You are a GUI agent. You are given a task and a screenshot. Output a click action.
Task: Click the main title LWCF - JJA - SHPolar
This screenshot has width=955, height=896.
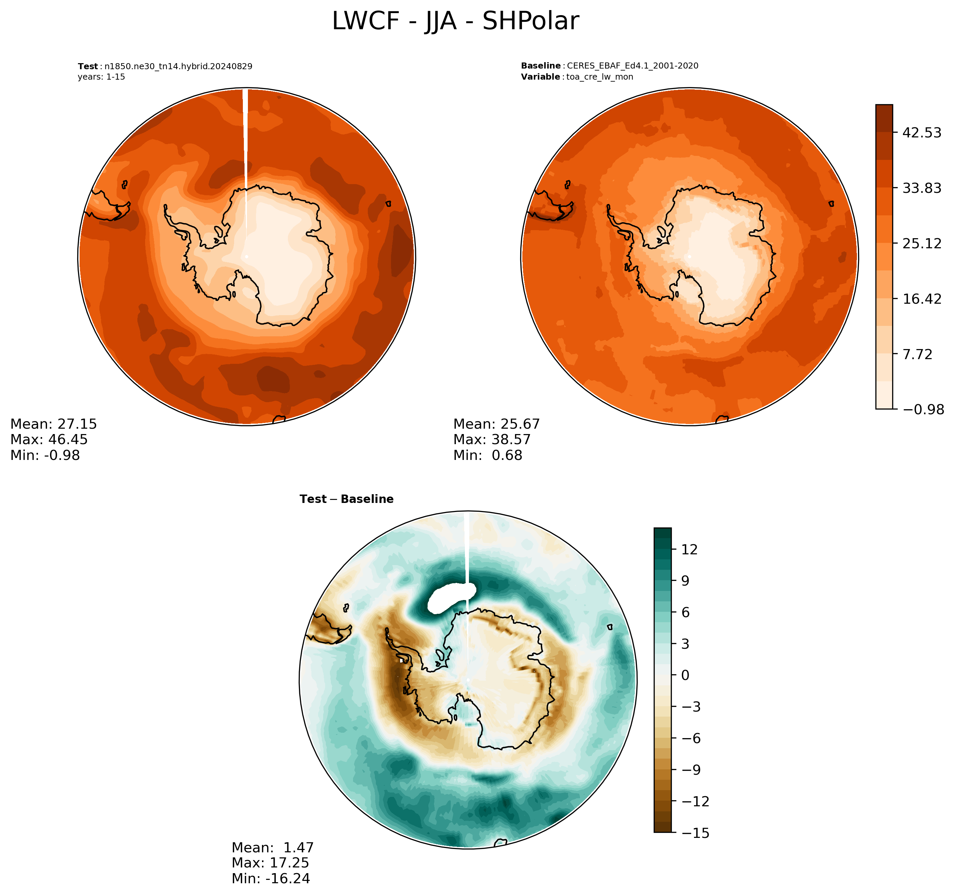coord(455,22)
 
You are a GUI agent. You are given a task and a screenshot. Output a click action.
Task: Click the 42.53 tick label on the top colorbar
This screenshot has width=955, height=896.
coord(922,133)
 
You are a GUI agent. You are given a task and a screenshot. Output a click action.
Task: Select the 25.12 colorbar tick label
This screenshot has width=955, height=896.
coord(922,244)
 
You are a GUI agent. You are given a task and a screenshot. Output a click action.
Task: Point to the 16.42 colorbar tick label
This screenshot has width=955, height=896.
coord(922,299)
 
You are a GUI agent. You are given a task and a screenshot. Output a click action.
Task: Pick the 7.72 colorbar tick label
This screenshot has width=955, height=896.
coord(917,354)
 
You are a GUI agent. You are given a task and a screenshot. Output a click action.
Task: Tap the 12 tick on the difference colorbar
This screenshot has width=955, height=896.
coord(689,550)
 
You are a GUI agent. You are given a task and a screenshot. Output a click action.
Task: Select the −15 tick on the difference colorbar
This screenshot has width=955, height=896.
coord(695,833)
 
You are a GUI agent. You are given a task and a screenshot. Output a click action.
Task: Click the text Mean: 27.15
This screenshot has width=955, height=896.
coord(53,424)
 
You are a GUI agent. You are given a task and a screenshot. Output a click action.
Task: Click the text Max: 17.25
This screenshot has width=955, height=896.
coord(270,863)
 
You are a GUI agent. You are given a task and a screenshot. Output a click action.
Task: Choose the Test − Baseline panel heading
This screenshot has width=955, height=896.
coord(346,499)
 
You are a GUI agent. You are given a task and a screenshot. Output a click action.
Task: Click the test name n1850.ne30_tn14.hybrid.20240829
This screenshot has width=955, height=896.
coord(178,66)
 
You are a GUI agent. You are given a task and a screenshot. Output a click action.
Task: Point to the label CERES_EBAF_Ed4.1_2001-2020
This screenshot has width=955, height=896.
coord(633,66)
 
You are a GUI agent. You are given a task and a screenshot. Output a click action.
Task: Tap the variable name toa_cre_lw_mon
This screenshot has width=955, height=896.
coord(600,77)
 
